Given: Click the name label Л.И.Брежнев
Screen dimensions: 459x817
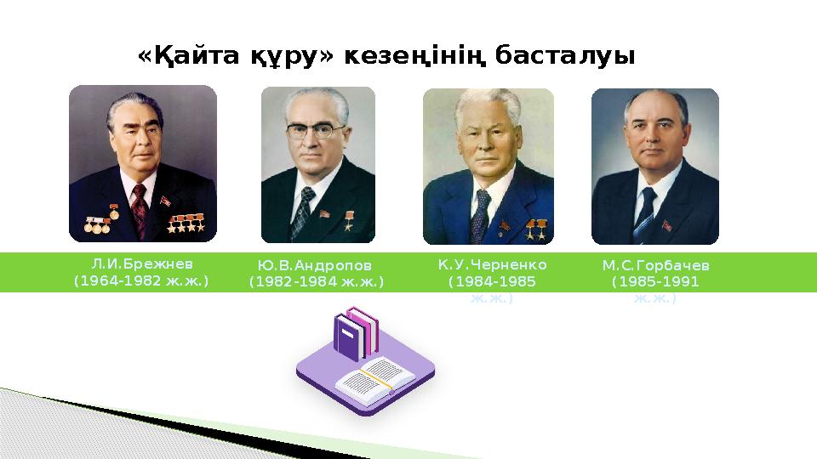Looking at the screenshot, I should (141, 263).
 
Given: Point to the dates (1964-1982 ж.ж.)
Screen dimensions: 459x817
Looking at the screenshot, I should (141, 279).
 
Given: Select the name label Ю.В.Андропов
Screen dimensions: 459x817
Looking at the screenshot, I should (317, 265).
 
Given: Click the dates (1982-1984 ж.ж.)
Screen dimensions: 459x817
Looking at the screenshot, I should (317, 280).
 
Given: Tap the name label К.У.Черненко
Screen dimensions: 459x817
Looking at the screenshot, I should (492, 265).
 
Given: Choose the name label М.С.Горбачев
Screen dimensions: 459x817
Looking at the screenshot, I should (654, 266).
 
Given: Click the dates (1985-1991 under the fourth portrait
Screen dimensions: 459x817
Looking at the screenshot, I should (654, 281).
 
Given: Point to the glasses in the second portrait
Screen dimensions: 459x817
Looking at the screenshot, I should (317, 131).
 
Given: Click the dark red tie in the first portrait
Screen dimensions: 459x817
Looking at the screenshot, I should (139, 207).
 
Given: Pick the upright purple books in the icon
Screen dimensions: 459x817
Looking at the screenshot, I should (356, 333).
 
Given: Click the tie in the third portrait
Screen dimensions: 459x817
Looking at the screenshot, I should (482, 212).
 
